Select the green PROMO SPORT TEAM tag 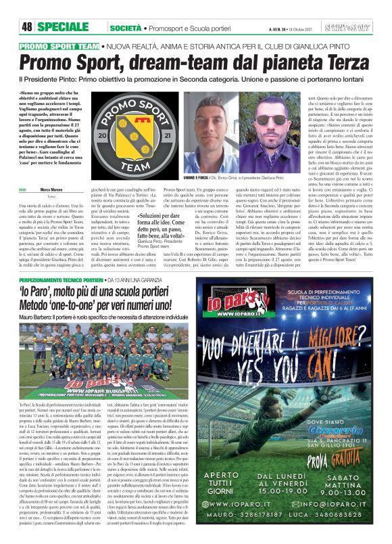pyautogui.click(x=60, y=46)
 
